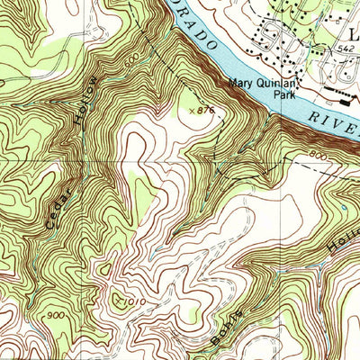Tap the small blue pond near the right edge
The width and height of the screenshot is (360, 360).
pos(345,209)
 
